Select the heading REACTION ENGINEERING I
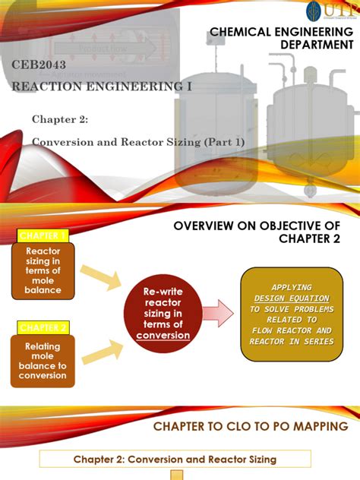pos(102,87)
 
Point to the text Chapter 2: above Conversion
pos(60,119)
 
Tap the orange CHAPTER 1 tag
pos(43,235)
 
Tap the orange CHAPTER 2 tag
pos(43,327)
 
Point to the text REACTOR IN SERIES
pos(290,341)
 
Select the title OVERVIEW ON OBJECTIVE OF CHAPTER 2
pos(264,232)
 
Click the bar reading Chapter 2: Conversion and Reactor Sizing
pos(175,459)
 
